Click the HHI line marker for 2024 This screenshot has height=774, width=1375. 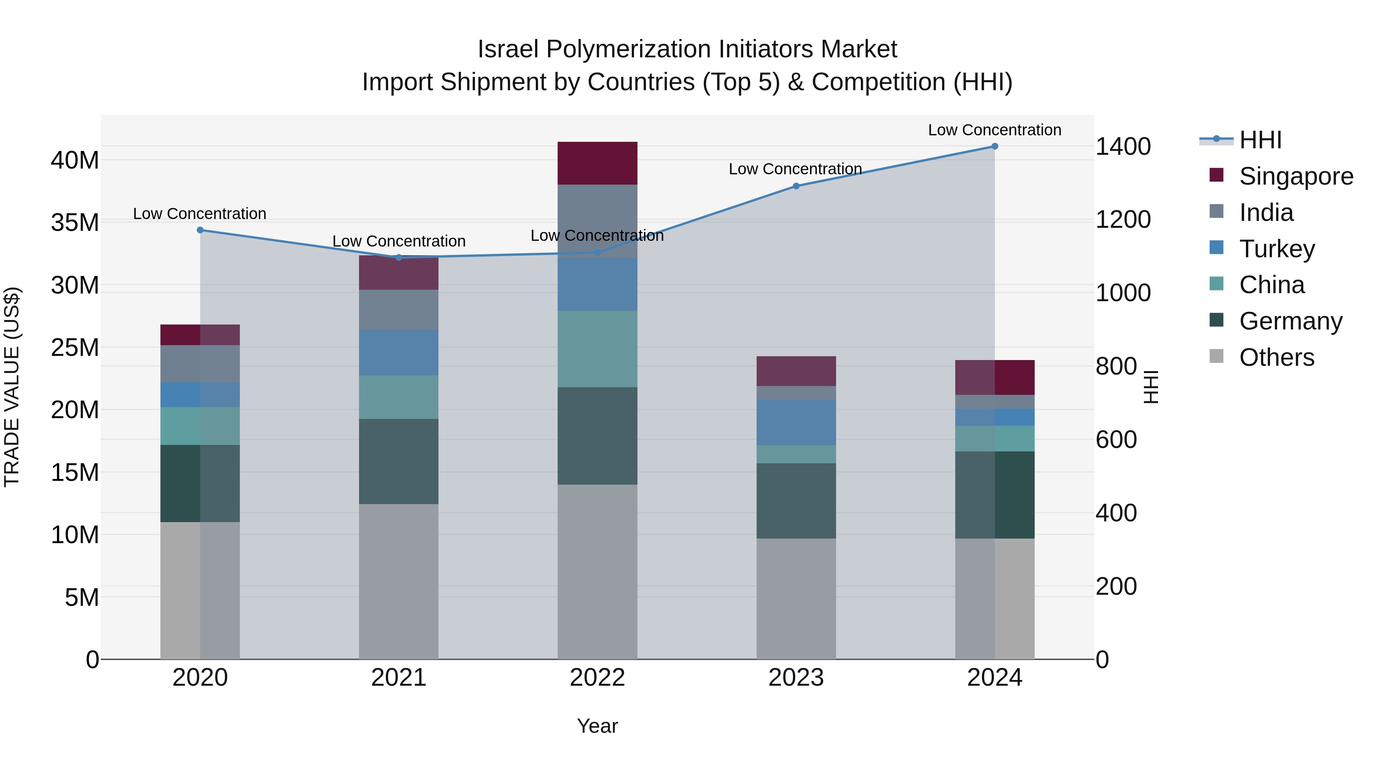click(x=995, y=146)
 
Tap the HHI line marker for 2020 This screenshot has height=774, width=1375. click(x=200, y=230)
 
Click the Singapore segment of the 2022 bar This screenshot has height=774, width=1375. click(x=597, y=164)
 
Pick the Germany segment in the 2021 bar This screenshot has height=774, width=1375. click(x=399, y=461)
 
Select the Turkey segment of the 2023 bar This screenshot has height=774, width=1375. click(x=796, y=422)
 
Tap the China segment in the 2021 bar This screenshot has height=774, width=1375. click(x=399, y=397)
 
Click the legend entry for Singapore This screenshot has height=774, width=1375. click(x=1296, y=176)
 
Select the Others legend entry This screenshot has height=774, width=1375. click(x=1276, y=357)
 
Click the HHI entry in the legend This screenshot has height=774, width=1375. click(x=1260, y=140)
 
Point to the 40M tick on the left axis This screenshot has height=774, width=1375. click(x=75, y=160)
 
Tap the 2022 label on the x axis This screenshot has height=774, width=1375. click(x=597, y=678)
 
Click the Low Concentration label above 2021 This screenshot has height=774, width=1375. click(x=399, y=242)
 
